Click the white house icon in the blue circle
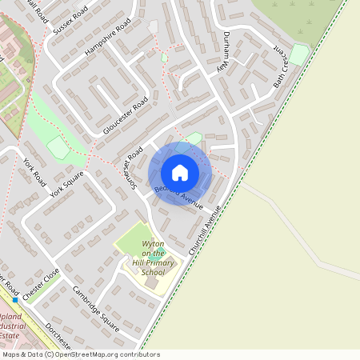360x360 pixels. point(180,172)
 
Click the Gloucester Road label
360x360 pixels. point(126,118)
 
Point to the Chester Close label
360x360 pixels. point(41,284)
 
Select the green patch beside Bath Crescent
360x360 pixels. point(299,54)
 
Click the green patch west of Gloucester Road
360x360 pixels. point(57,147)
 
